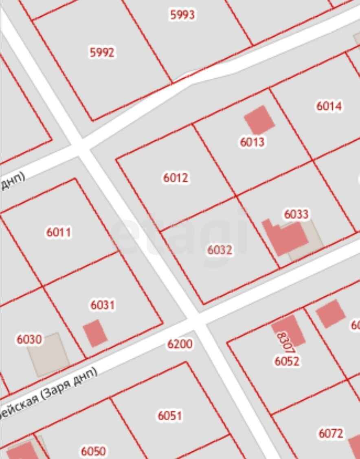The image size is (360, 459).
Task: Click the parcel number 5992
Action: point(101,53)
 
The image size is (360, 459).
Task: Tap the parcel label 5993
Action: point(182,15)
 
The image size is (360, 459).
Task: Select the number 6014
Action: point(329,106)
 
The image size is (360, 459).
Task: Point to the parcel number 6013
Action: point(252,142)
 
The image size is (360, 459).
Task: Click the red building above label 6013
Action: point(259,119)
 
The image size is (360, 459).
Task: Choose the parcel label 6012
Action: point(176,178)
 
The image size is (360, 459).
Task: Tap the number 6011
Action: point(59,232)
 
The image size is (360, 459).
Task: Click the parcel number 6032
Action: point(220,250)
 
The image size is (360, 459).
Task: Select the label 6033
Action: point(296,214)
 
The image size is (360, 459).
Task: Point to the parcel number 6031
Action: point(102,305)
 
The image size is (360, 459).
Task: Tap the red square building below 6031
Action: point(95,333)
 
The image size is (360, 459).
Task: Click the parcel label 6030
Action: point(29,339)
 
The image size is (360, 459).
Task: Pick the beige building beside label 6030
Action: point(49,354)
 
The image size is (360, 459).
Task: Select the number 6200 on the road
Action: point(180,344)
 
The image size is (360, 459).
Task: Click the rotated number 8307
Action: point(285,342)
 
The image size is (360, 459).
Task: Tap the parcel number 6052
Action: point(287,361)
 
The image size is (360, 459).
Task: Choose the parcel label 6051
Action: point(170,416)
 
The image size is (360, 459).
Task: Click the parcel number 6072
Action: point(331,433)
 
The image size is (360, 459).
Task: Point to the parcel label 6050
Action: point(93,451)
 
